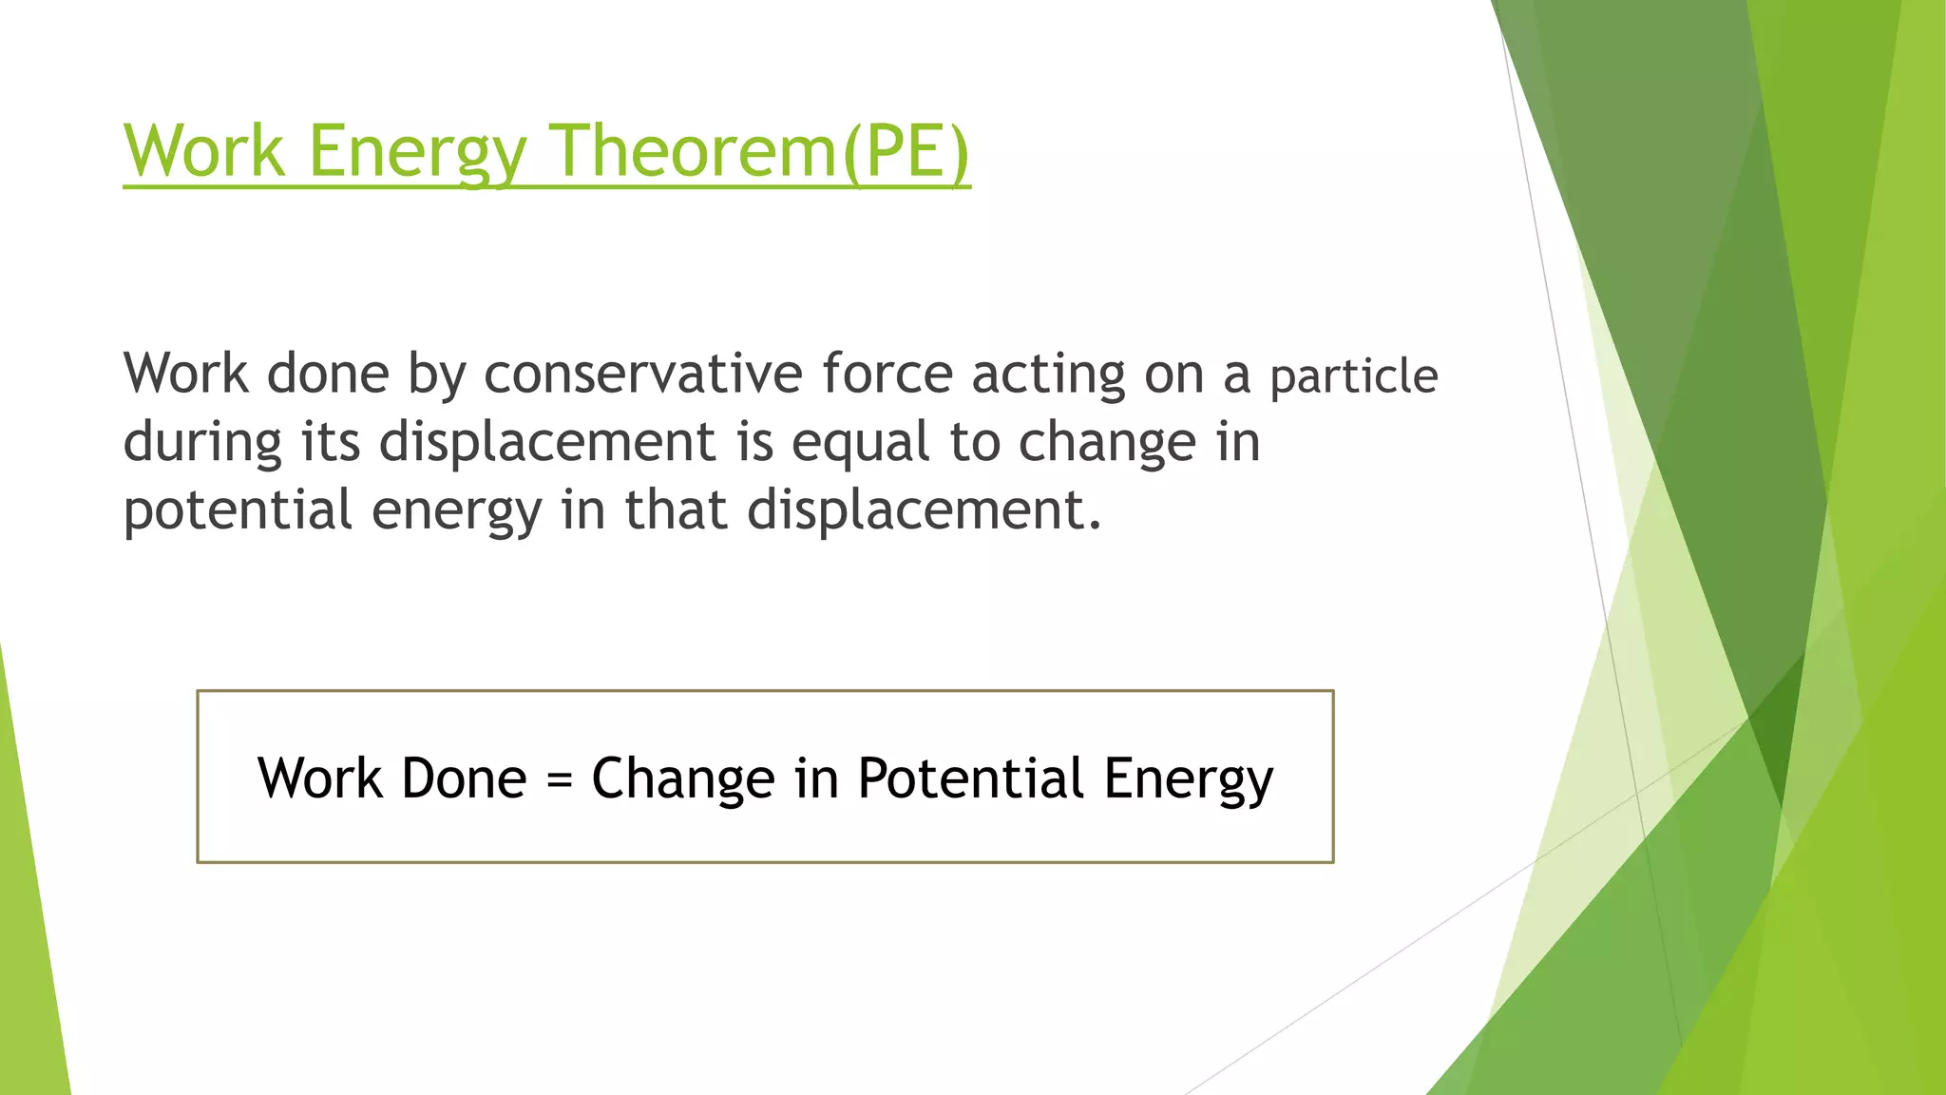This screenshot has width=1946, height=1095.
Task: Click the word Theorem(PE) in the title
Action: [760, 150]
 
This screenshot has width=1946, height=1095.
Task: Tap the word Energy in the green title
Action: [417, 150]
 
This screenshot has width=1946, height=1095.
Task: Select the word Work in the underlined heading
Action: [204, 150]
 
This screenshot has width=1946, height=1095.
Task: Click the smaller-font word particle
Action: [1353, 376]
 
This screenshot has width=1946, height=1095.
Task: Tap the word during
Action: [202, 442]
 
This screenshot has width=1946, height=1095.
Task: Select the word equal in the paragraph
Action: [860, 442]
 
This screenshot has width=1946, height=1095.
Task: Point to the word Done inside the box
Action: [464, 778]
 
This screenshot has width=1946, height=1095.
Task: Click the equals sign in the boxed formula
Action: [560, 780]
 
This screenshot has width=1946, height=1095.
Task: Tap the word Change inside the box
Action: [683, 778]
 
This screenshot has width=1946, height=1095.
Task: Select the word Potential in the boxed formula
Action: [970, 778]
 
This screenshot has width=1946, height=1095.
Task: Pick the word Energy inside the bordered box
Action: [1188, 778]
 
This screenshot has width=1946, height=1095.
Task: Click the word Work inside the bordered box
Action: [319, 778]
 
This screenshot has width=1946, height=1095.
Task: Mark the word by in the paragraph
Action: [436, 375]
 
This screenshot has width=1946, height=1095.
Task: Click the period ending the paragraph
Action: [1096, 526]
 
